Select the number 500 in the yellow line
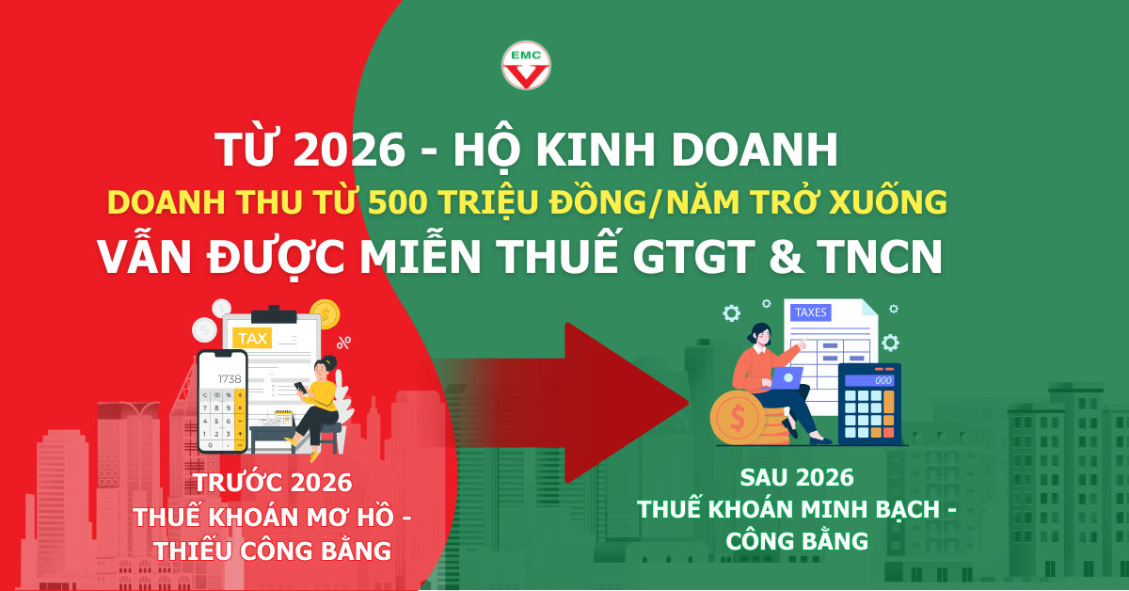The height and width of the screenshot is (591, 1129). [401, 201]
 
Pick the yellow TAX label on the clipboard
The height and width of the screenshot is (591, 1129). [252, 337]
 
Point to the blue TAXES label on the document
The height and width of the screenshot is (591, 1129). [813, 312]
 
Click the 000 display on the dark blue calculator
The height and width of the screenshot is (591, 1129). [882, 380]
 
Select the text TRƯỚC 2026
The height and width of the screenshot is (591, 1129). [273, 484]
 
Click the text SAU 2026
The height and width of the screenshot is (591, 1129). [797, 476]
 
